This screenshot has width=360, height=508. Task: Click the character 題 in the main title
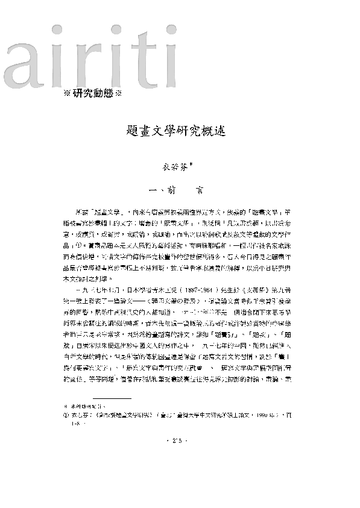pyautogui.click(x=137, y=131)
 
